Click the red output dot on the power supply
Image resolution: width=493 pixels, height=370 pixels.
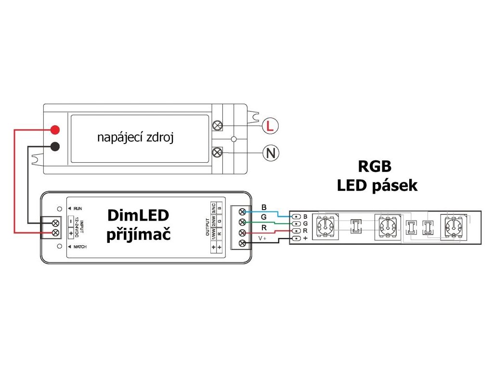(55, 129)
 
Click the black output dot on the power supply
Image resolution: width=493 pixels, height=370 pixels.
(55, 146)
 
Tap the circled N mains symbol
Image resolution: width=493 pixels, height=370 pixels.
(271, 153)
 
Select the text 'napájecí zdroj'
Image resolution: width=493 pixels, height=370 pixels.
(135, 137)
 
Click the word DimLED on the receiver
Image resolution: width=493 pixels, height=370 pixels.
(138, 215)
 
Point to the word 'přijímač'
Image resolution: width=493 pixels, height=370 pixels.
(138, 235)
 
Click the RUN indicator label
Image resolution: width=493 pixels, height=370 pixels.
(78, 209)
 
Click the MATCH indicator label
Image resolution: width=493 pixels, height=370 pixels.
(80, 247)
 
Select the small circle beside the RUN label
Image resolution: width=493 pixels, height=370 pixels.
(59, 209)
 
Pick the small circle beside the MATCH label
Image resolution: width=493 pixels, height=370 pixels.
(59, 246)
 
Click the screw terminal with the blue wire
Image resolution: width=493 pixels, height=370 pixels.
(242, 212)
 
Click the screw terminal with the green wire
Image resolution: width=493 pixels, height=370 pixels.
(242, 223)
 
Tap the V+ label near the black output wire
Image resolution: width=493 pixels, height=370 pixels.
(262, 238)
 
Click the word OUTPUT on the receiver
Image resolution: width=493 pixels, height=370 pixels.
(208, 227)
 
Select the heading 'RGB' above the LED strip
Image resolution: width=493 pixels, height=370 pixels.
(375, 166)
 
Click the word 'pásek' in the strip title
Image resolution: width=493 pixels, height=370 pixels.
(395, 186)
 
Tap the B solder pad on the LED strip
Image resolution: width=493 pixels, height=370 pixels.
(296, 216)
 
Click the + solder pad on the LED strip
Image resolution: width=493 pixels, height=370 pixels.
(296, 238)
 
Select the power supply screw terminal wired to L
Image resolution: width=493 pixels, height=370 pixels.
(217, 126)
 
